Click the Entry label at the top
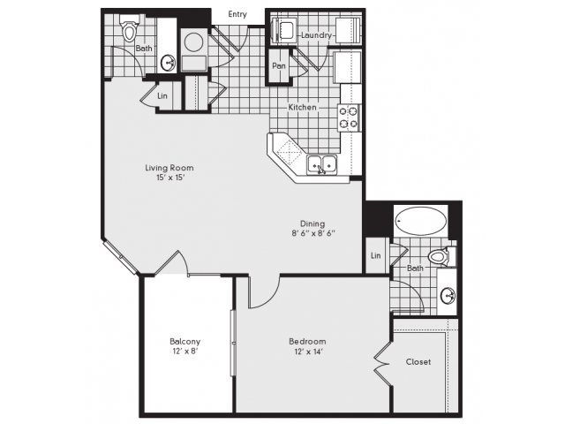237,14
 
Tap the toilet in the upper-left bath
130,28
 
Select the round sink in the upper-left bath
168,63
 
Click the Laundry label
316,35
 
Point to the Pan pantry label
279,66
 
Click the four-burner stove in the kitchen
349,117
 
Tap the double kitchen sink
321,165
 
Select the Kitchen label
302,107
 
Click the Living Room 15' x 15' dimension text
169,177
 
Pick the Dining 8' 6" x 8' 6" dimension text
313,233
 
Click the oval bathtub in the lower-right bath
420,221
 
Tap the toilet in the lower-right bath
441,257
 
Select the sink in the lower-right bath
448,296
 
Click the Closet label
418,361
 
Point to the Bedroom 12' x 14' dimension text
307,352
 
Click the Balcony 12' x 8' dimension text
185,352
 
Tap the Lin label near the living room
162,96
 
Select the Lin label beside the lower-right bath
376,255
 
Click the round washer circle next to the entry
193,42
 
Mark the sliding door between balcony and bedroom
233,343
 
